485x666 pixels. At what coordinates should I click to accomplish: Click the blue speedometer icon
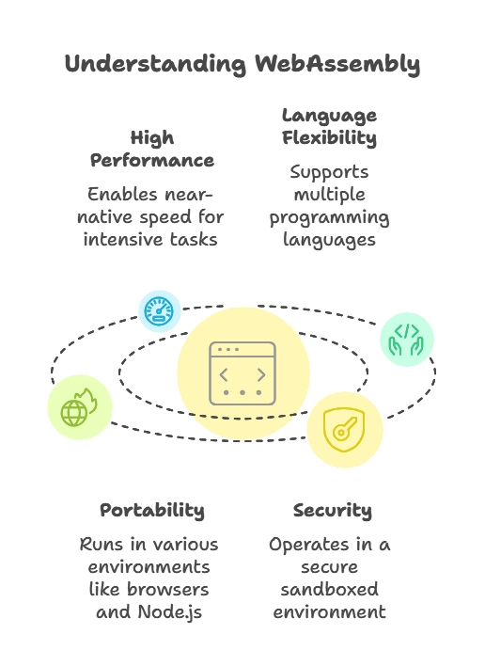[x=161, y=310]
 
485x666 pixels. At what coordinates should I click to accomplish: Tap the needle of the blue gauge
[x=163, y=309]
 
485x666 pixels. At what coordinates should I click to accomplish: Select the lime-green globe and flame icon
[x=79, y=407]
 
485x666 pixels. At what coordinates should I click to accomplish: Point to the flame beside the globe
[x=86, y=399]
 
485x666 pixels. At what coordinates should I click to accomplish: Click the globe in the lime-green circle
[x=73, y=412]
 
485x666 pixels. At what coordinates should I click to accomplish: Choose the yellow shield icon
[x=344, y=430]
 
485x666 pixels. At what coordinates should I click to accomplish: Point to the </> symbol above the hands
[x=406, y=330]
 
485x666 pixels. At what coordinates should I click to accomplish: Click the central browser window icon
[x=242, y=373]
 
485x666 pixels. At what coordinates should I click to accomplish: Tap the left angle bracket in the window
[x=225, y=374]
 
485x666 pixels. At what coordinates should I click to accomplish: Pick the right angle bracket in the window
[x=260, y=374]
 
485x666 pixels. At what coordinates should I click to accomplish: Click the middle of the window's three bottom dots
[x=242, y=392]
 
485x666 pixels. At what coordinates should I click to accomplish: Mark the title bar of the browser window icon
[x=242, y=350]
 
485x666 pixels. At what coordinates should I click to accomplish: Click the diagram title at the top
[x=241, y=64]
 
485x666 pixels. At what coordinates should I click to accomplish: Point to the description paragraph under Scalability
[x=147, y=579]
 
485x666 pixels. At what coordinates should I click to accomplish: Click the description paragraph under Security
[x=330, y=579]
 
